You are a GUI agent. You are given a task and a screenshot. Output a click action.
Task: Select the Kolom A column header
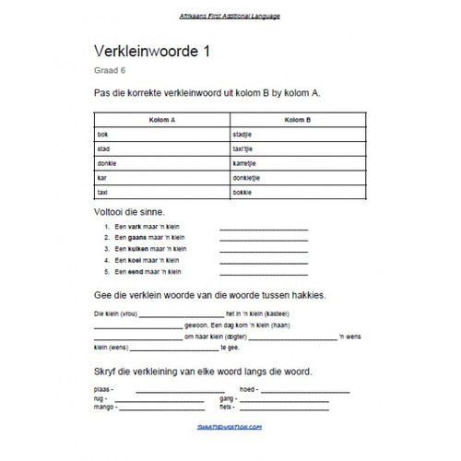pyautogui.click(x=160, y=121)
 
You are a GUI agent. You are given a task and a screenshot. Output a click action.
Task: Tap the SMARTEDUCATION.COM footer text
pyautogui.click(x=230, y=427)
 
